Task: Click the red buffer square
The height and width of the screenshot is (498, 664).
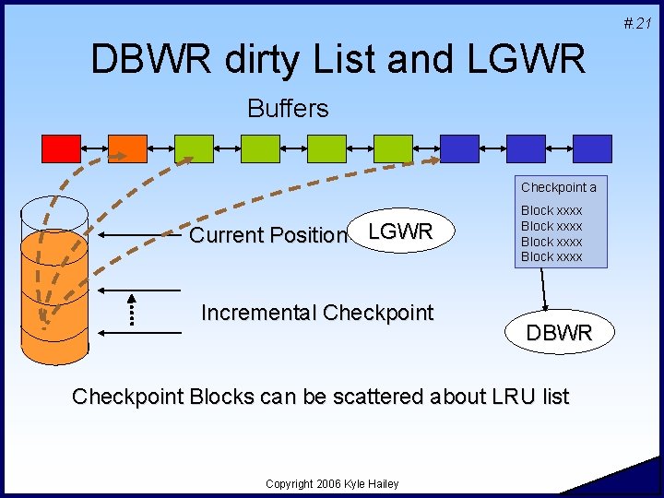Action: click(62, 148)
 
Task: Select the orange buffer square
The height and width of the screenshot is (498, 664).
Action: click(128, 148)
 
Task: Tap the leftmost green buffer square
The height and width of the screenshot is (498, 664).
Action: click(194, 148)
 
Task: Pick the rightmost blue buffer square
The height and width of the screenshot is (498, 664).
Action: click(592, 148)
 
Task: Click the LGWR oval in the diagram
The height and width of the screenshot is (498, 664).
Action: click(400, 231)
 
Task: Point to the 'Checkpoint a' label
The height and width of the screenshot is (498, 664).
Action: click(559, 187)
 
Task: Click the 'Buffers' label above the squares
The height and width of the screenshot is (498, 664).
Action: click(288, 109)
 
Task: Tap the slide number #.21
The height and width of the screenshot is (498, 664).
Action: click(637, 23)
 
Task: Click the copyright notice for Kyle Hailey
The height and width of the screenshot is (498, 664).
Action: click(332, 483)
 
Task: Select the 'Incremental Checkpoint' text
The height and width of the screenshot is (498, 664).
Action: click(316, 313)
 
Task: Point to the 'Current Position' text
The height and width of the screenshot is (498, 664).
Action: click(267, 235)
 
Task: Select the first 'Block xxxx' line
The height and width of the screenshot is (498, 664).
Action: click(551, 210)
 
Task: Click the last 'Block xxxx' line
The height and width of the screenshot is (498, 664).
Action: click(551, 256)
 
